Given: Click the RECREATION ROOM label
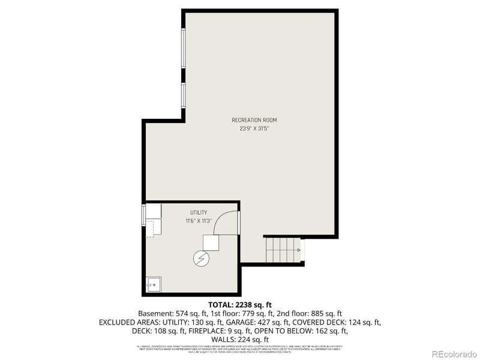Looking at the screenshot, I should coord(254,120).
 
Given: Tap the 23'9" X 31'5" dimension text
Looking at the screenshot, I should coord(254,128).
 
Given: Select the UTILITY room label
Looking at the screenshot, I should coord(199,212).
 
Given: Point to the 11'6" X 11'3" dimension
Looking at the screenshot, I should coord(199,221).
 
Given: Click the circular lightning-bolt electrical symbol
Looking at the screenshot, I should coord(200,259).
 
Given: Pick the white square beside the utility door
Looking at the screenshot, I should coord(211,242).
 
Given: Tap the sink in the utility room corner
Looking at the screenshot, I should coord(154,283).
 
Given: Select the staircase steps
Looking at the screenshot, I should coord(282,249).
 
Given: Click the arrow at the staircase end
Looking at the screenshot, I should coord(298,249).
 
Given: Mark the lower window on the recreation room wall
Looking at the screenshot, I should coord(184,96).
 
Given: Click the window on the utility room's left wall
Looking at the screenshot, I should coord(143,215).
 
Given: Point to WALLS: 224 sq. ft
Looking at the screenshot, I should coord(239,339).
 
